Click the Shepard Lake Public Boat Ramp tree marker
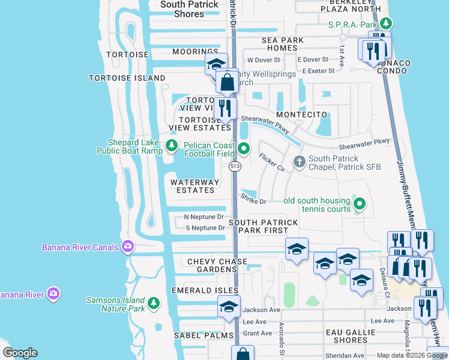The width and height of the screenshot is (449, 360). [x=172, y=145]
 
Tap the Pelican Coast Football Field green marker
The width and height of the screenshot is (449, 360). [x=243, y=148]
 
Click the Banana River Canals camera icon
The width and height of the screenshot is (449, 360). [x=127, y=247]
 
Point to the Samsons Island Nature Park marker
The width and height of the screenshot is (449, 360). [x=154, y=303]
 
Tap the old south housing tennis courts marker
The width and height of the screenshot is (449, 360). [x=359, y=204]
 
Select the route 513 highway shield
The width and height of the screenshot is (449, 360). [x=235, y=166]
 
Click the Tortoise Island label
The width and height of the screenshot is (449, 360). [x=127, y=78]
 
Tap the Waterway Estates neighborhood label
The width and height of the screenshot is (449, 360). [x=192, y=186]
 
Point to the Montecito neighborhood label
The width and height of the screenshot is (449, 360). [x=301, y=114]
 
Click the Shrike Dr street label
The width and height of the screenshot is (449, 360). [x=253, y=197]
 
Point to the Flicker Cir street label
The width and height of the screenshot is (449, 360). [x=271, y=162]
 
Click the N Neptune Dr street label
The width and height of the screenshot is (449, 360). [x=203, y=217]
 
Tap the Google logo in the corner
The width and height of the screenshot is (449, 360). [x=20, y=353]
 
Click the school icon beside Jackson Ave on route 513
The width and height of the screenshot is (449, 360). [x=229, y=307]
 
